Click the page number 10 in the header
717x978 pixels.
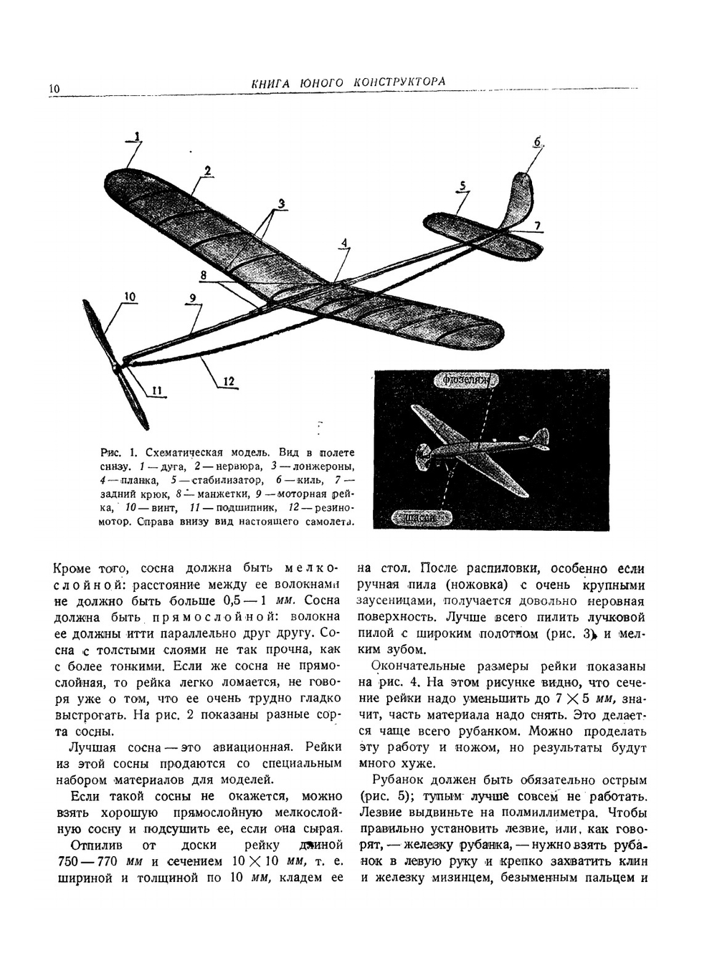[x=54, y=89]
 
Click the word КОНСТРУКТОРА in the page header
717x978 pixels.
[x=399, y=82]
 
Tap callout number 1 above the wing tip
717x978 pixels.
[x=137, y=137]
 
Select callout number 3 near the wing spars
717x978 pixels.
[x=282, y=203]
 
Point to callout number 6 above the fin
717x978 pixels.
[x=537, y=141]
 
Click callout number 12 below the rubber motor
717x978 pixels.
[x=229, y=382]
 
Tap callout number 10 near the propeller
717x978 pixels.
[x=130, y=297]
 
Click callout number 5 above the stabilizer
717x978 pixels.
[x=463, y=186]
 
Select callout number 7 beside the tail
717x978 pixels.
[x=537, y=226]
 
